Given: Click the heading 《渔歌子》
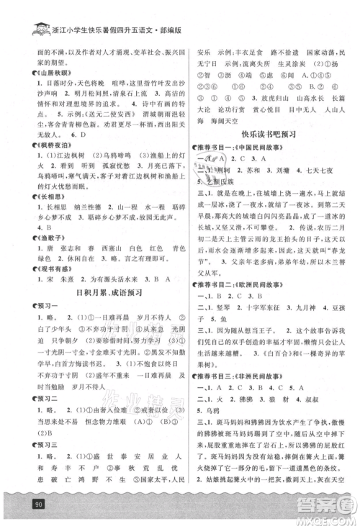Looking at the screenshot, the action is point(40,245).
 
